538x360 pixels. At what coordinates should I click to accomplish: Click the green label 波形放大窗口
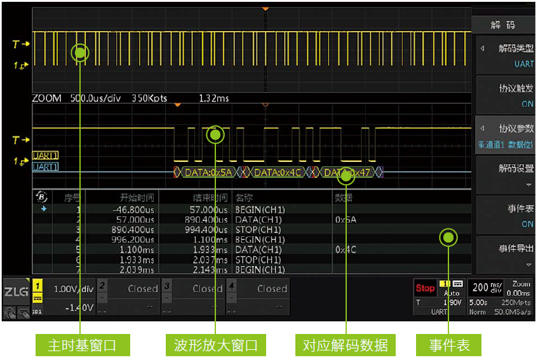(x=216, y=345)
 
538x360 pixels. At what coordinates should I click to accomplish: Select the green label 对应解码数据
(x=346, y=345)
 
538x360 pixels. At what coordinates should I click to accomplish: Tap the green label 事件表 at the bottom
(x=449, y=345)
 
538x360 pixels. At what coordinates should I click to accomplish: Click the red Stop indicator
(x=425, y=288)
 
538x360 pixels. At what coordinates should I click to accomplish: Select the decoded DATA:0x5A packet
(x=208, y=172)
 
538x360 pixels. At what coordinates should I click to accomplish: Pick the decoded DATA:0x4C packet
(x=278, y=172)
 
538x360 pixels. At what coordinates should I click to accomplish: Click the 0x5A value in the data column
(x=346, y=220)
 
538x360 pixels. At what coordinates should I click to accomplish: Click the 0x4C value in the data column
(x=346, y=250)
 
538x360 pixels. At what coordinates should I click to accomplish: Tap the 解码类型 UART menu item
(x=505, y=55)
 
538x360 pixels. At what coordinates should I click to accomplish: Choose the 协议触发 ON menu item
(x=505, y=96)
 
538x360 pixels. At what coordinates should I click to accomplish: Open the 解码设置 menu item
(x=505, y=175)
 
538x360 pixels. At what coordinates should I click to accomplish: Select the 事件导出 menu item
(x=505, y=254)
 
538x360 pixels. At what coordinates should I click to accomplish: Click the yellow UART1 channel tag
(x=45, y=156)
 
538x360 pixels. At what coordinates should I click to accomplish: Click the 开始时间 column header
(x=137, y=197)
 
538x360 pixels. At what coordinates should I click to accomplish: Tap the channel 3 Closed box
(x=194, y=289)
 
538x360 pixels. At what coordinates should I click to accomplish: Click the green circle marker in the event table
(x=449, y=238)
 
